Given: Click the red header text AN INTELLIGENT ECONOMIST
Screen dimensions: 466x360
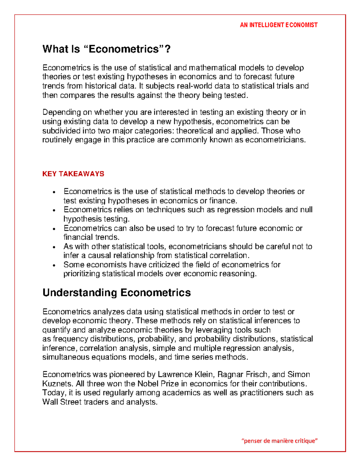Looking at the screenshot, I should (x=278, y=25).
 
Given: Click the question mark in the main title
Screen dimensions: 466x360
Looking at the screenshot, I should (x=168, y=49).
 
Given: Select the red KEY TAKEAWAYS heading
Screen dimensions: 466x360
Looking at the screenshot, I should (x=73, y=174).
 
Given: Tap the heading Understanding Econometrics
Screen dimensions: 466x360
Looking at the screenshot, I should (x=116, y=293).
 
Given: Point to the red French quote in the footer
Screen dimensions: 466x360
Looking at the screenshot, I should (x=279, y=441).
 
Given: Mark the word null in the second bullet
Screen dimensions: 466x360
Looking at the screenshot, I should (x=306, y=210).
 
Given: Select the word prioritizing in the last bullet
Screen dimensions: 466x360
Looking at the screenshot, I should (x=82, y=274).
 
